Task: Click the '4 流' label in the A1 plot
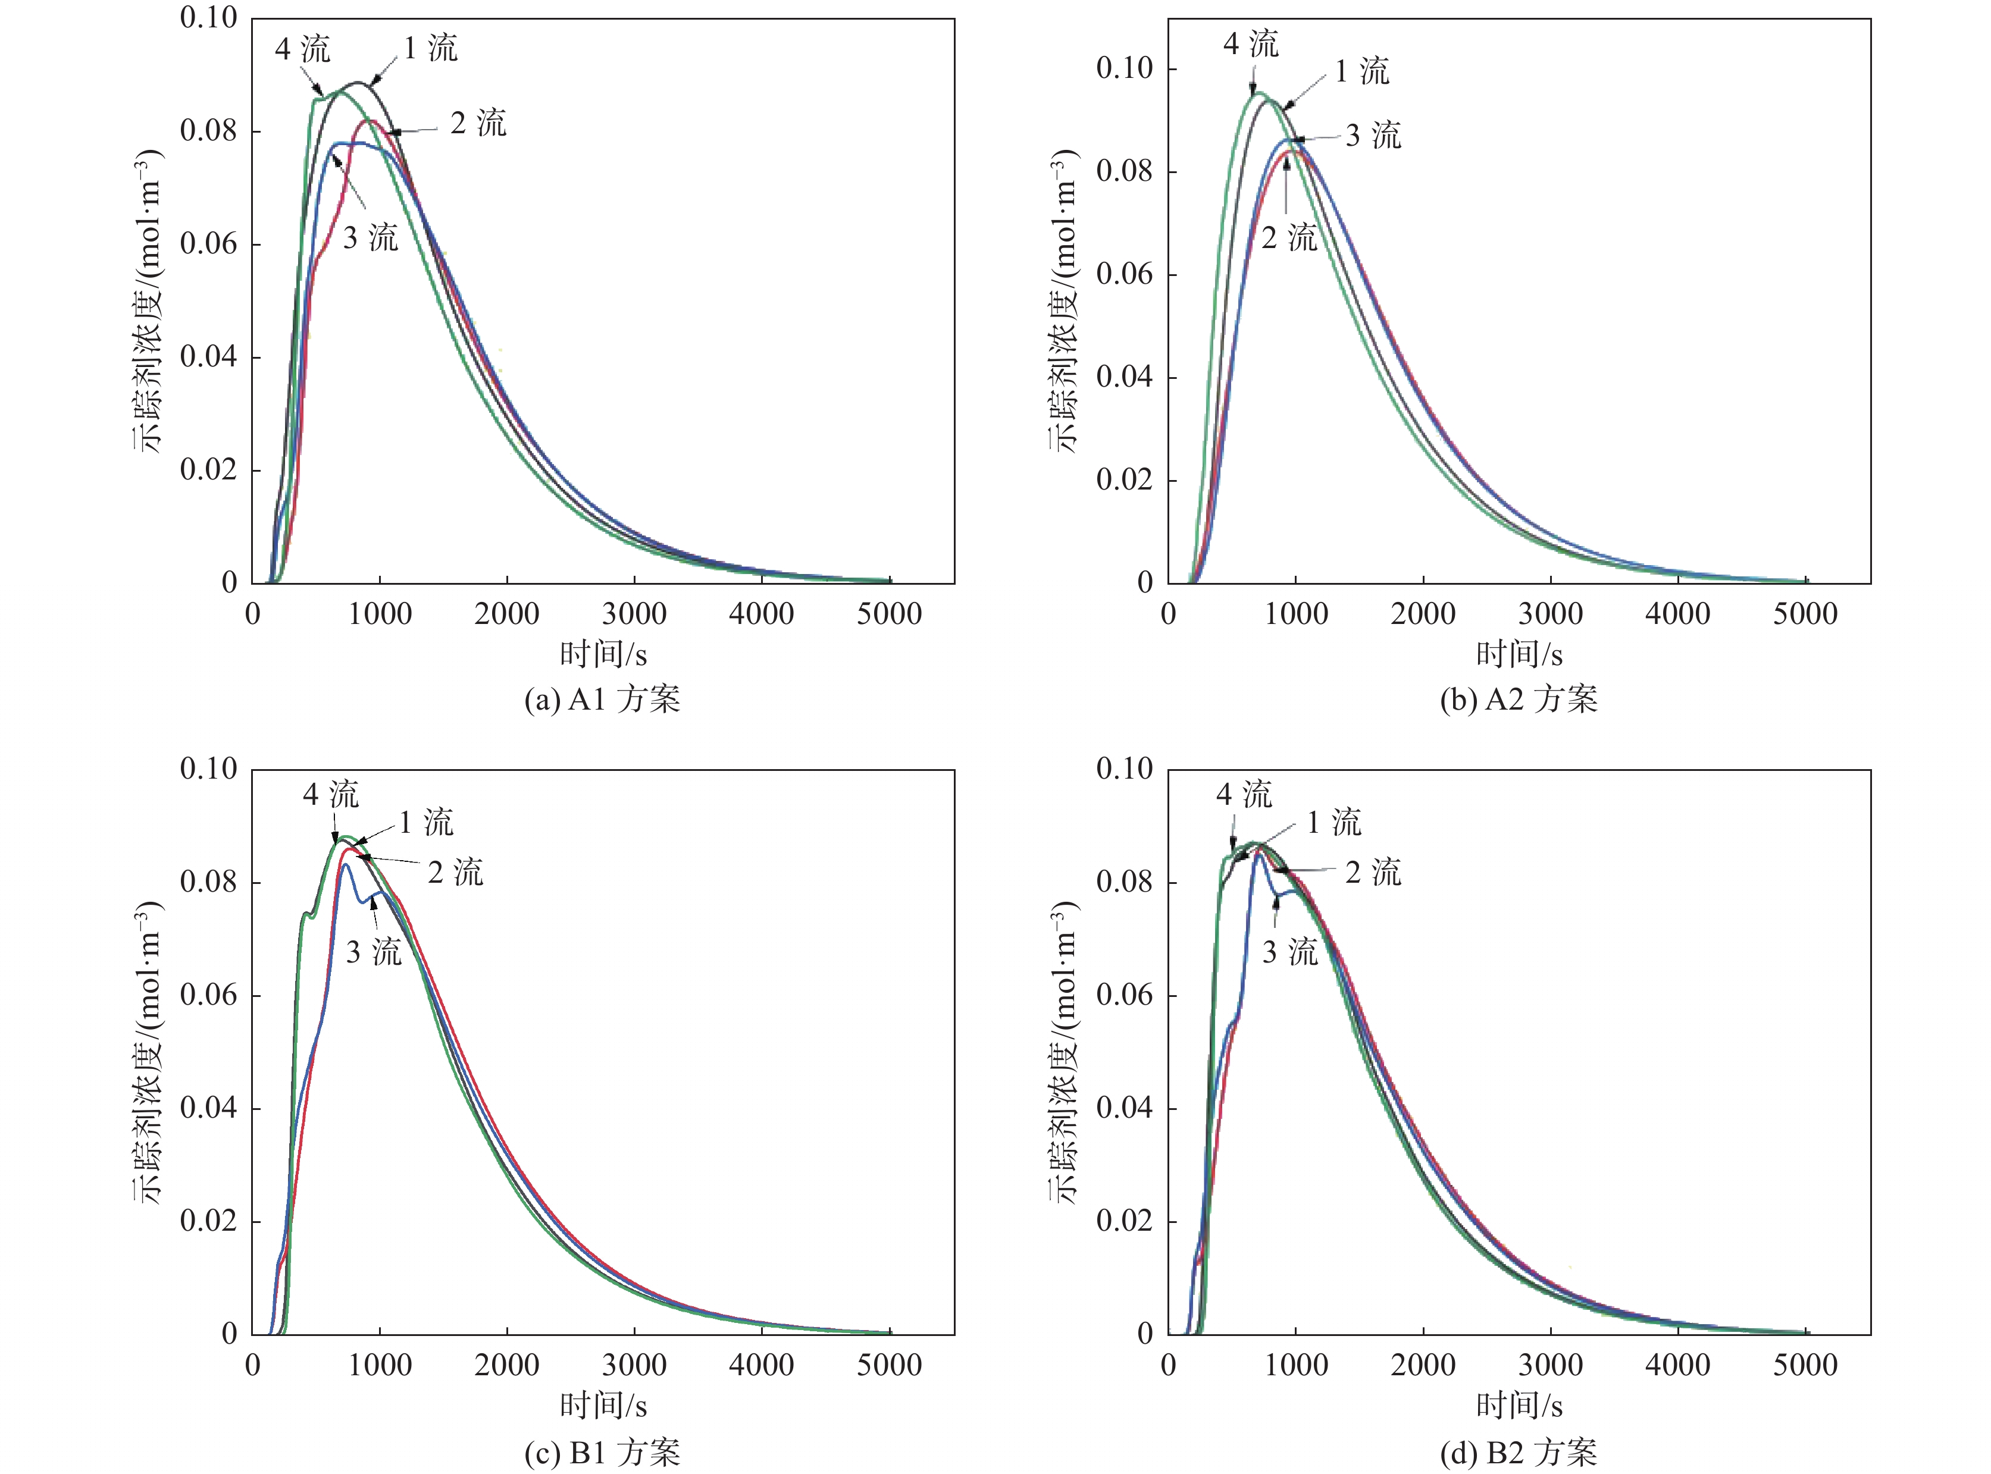click(302, 49)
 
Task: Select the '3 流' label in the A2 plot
click(1373, 136)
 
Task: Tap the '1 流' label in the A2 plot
click(1362, 71)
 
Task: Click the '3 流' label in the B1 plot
click(373, 952)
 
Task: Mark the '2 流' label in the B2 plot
click(1373, 873)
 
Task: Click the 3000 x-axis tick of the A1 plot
click(634, 614)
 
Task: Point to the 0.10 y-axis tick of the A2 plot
click(1125, 68)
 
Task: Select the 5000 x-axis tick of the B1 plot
click(889, 1365)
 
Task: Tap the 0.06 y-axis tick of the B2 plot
click(1125, 995)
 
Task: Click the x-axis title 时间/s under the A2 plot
click(1519, 655)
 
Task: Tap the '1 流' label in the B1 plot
click(425, 823)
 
